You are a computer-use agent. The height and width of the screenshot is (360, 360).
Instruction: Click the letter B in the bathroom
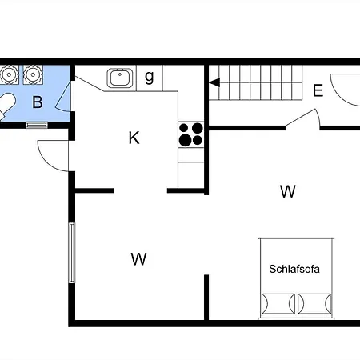pyautogui.click(x=38, y=102)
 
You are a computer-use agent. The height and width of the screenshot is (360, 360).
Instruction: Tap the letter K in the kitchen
pyautogui.click(x=134, y=138)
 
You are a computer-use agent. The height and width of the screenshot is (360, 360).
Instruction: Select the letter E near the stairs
pyautogui.click(x=318, y=90)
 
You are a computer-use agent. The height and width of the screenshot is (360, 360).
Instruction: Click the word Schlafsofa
pyautogui.click(x=294, y=269)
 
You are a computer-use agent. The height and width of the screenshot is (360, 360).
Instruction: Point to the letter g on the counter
pyautogui.click(x=150, y=78)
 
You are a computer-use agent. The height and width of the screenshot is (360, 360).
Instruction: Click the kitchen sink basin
pyautogui.click(x=120, y=78)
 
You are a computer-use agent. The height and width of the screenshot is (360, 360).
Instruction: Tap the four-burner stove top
pyautogui.click(x=191, y=134)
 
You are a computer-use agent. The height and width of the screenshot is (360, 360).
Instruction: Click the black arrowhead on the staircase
pyautogui.click(x=214, y=82)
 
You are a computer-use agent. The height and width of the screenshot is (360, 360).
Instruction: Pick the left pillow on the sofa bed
pyautogui.click(x=278, y=304)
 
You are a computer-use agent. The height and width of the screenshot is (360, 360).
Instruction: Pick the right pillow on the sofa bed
pyautogui.click(x=314, y=304)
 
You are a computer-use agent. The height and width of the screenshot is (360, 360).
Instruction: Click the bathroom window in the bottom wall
pyautogui.click(x=37, y=125)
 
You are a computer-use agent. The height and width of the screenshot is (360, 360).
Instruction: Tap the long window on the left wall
pyautogui.click(x=72, y=253)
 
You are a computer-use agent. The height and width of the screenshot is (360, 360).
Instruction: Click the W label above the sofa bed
pyautogui.click(x=288, y=191)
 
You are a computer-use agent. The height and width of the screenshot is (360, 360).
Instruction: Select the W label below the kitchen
pyautogui.click(x=138, y=259)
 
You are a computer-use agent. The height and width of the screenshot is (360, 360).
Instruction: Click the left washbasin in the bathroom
pyautogui.click(x=9, y=74)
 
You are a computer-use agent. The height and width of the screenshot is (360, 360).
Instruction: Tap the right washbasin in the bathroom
pyautogui.click(x=33, y=74)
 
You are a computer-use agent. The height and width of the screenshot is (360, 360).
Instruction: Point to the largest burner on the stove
pyautogui.click(x=186, y=140)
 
